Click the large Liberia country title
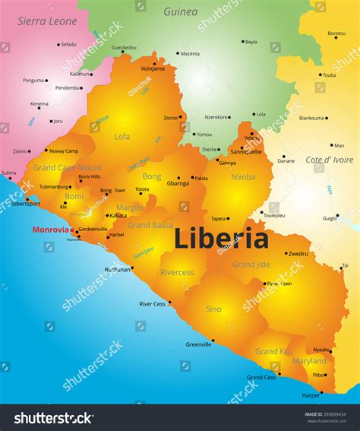[221, 239]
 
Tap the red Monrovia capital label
[49, 229]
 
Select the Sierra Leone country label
[48, 21]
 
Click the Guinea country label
[181, 11]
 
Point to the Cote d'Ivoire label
[329, 160]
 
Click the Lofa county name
[122, 137]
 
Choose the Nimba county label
[243, 177]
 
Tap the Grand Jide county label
[251, 264]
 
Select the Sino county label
[213, 309]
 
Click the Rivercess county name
[177, 272]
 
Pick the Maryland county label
[309, 361]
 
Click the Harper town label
[311, 396]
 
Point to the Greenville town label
[199, 344]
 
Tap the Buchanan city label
[118, 269]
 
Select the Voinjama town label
[153, 68]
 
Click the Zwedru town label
[298, 254]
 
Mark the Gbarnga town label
[178, 183]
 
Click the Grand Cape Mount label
[67, 167]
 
